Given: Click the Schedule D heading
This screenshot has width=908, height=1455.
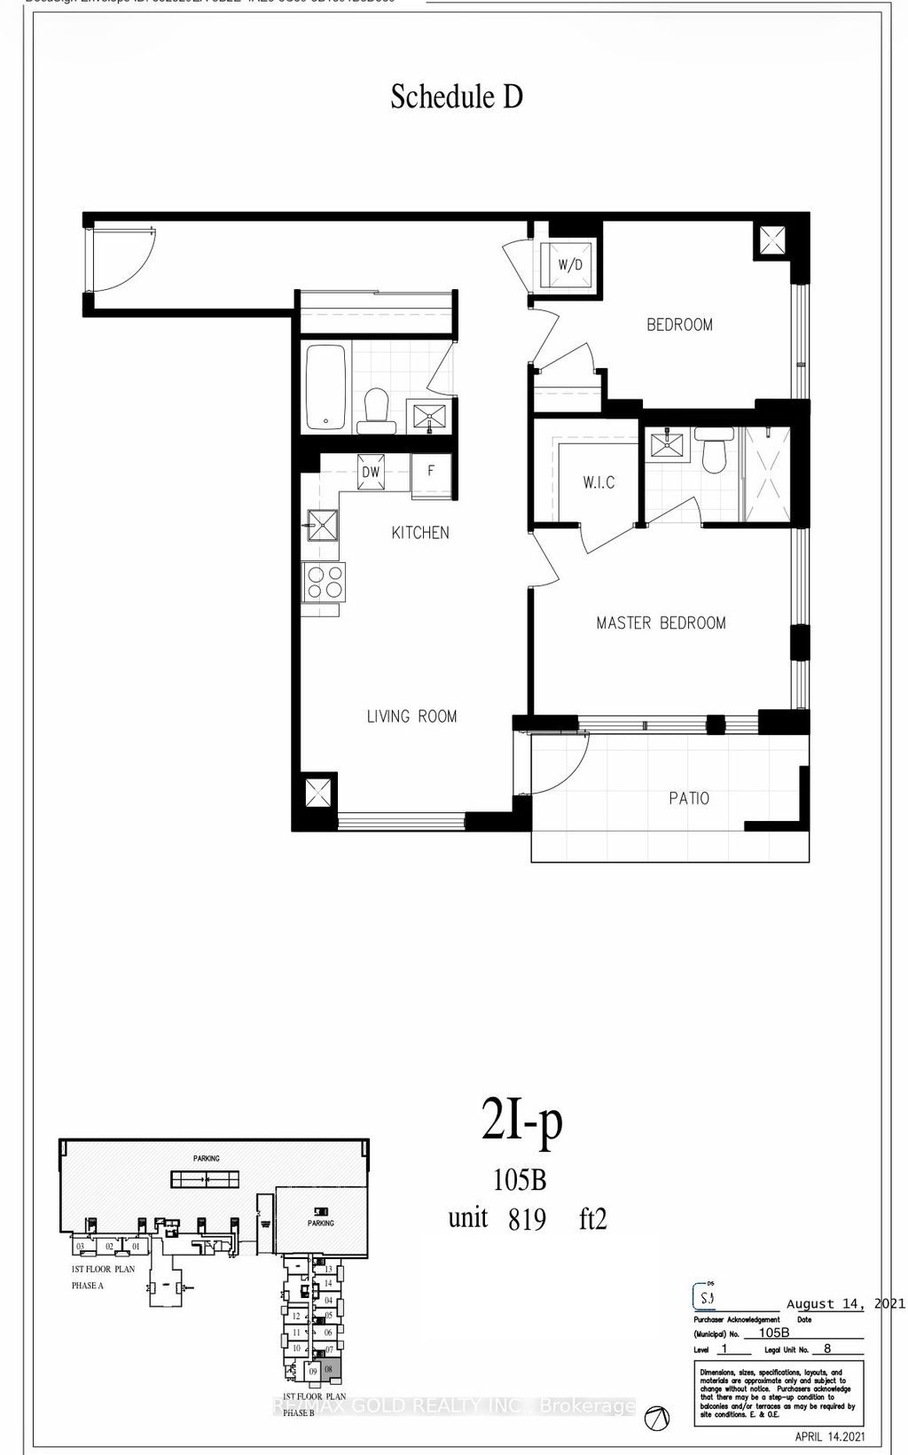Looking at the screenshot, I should pos(457,97).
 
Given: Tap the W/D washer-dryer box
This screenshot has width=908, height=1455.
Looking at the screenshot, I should pos(568,264).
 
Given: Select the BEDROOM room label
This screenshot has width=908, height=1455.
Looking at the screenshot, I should pos(679,325).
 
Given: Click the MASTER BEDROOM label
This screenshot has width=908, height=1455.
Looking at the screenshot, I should pos(661,623).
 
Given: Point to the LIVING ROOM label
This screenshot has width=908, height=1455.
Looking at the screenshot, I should pos(412,716).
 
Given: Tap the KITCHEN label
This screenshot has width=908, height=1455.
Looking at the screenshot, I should pos(420,533).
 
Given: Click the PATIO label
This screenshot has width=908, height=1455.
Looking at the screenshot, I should pos(689,798).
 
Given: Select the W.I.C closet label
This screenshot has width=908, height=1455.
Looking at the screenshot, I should pos(599,483).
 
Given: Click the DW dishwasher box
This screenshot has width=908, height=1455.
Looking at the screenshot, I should pos(371,473).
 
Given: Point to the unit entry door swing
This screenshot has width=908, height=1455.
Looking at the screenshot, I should pos(122,257).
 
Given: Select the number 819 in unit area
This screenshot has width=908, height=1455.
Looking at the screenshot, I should pos(527,1220).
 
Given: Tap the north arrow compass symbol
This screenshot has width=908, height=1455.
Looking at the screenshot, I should pos(657,1417).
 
